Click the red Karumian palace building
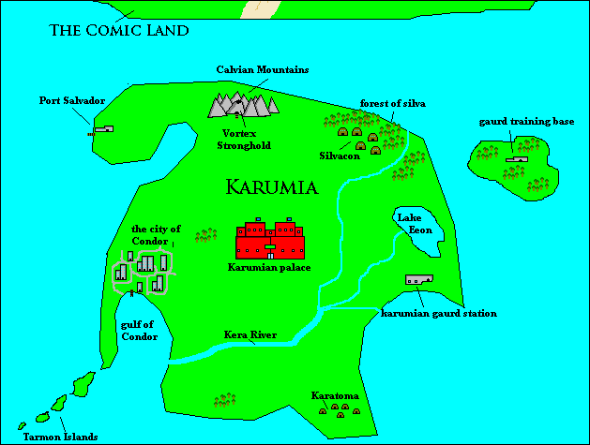pos(270,241)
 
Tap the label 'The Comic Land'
pos(119,30)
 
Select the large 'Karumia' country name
pos(271,187)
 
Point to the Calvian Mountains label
pos(263,69)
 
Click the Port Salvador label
pos(71,100)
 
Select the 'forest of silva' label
pos(393,103)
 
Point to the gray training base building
pos(515,160)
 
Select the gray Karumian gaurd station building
pos(418,279)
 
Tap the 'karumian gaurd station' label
pos(438,313)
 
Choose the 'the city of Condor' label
pos(156,234)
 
